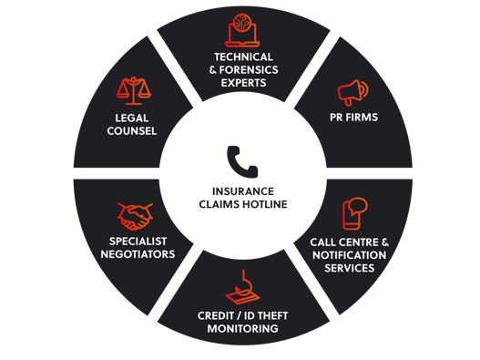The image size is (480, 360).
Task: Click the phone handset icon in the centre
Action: [242, 163]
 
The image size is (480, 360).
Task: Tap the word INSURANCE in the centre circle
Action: [242, 191]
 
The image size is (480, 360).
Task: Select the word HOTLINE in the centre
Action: [267, 204]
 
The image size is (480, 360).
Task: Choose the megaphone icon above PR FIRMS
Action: [352, 92]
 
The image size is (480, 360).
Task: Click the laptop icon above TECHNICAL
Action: [243, 30]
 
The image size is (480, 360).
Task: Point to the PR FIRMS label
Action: [354, 118]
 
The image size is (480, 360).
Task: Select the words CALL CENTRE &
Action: [349, 242]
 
